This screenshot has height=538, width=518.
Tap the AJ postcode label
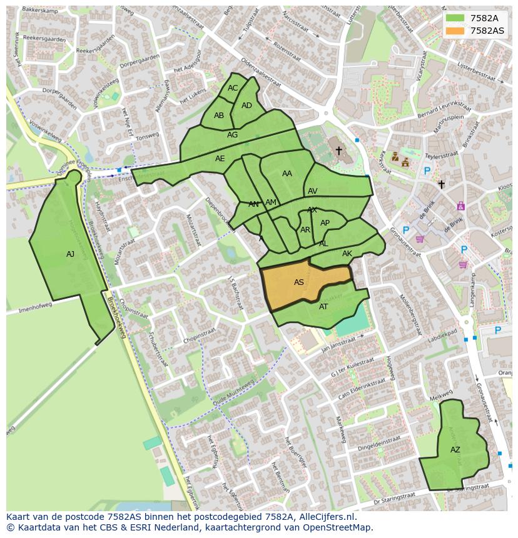tap(70, 254)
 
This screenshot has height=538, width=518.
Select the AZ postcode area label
tap(455, 450)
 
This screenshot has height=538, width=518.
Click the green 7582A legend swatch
tap(455, 18)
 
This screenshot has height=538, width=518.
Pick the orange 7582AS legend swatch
tap(455, 31)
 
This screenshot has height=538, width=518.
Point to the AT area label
tap(323, 307)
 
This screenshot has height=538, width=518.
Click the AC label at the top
tap(233, 88)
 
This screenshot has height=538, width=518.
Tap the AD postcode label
tap(246, 106)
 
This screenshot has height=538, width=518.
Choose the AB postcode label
tap(219, 116)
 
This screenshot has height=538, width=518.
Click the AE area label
tap(220, 159)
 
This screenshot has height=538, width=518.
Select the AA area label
tap(287, 174)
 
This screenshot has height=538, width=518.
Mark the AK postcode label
tap(347, 254)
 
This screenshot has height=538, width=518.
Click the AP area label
tap(325, 223)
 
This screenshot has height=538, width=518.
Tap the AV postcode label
tap(313, 191)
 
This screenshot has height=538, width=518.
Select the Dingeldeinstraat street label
tap(378, 444)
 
